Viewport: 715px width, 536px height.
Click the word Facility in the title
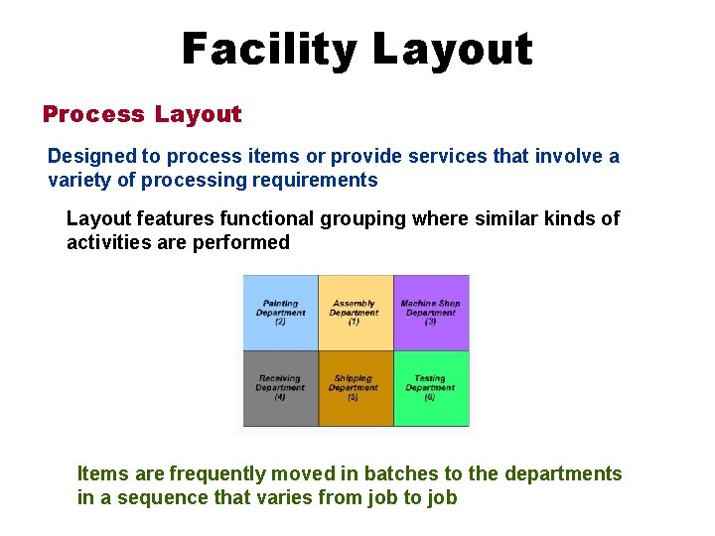click(268, 49)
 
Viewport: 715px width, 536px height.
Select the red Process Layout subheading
click(142, 114)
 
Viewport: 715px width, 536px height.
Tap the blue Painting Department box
click(280, 313)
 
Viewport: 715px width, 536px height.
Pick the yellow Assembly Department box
click(355, 313)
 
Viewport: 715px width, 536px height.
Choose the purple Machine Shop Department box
click(431, 313)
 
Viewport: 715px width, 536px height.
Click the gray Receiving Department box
click(280, 388)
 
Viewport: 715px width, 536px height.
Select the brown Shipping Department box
click(355, 388)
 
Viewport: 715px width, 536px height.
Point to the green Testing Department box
click(431, 388)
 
